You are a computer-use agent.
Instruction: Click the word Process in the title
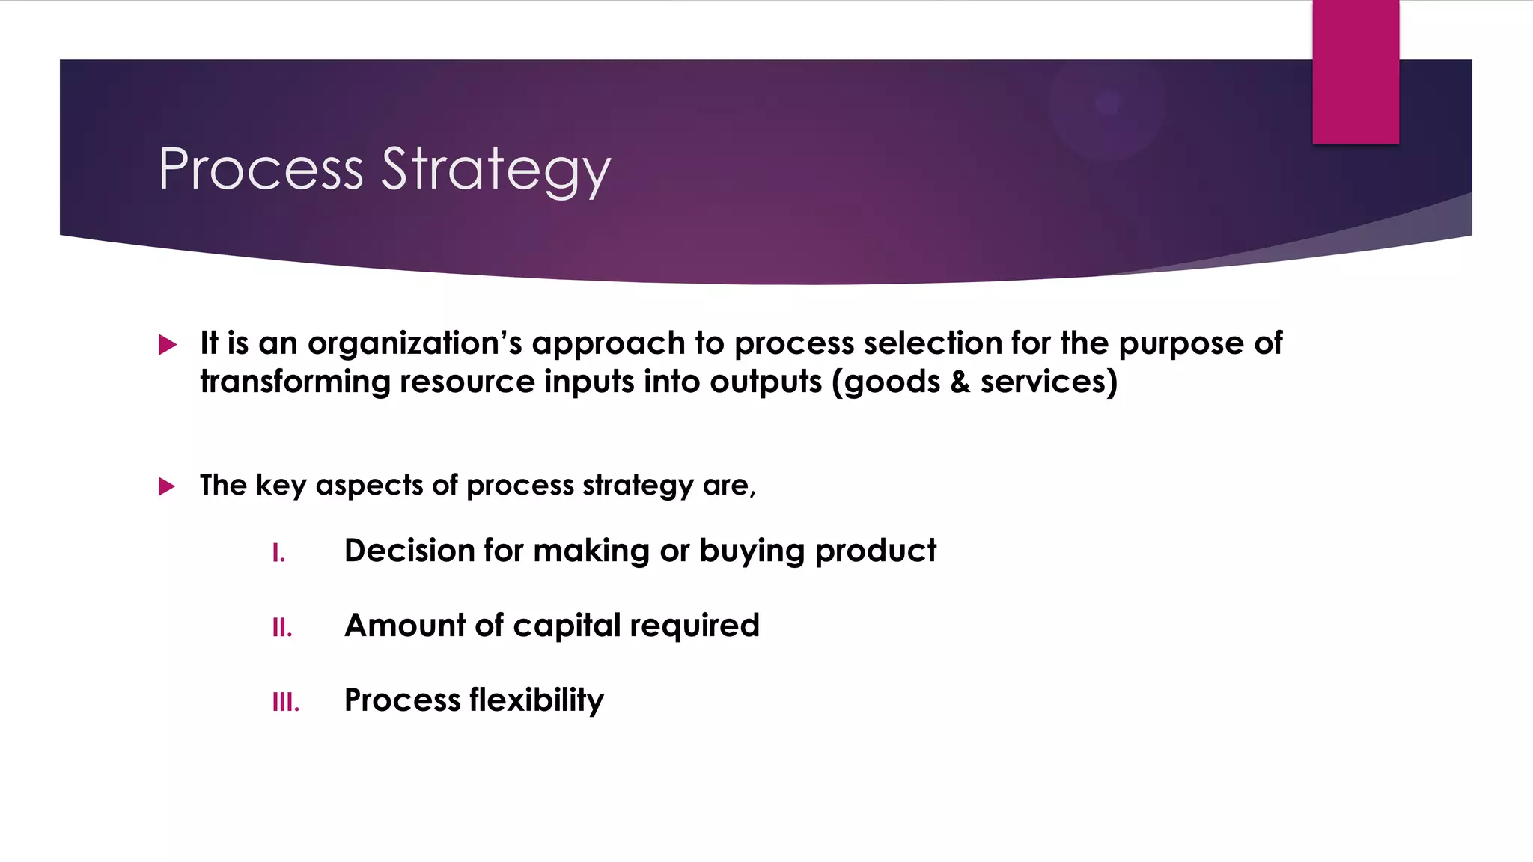260,169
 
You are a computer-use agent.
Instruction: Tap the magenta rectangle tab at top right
1355,72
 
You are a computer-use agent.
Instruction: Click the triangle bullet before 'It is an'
168,345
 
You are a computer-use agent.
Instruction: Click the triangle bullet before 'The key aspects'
167,487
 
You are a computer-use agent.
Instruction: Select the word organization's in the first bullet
415,344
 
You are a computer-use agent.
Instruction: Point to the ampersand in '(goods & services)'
960,382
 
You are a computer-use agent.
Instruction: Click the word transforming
295,382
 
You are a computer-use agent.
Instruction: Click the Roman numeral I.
278,554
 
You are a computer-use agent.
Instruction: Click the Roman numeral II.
282,628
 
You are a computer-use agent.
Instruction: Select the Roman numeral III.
285,703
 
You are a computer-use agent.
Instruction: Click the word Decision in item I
409,551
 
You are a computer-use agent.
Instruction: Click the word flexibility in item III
537,700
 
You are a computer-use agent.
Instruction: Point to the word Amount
405,626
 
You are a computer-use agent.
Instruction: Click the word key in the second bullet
281,486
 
